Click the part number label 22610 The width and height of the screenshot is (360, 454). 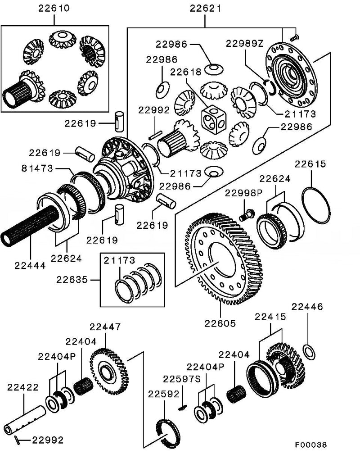(x=55, y=8)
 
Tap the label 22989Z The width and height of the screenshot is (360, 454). (x=244, y=44)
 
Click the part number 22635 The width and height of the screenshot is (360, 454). (x=72, y=280)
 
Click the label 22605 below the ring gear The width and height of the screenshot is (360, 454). (x=220, y=324)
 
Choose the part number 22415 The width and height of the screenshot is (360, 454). (x=270, y=318)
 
